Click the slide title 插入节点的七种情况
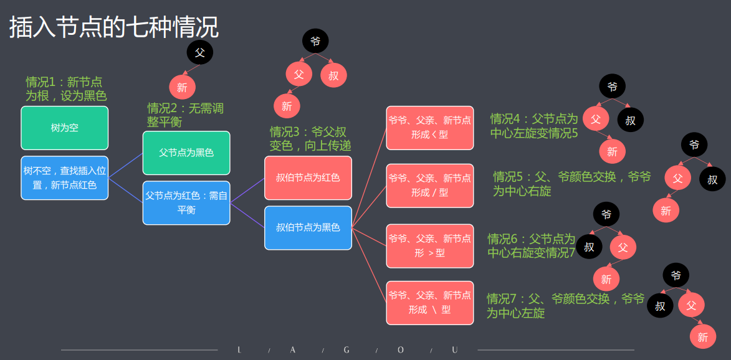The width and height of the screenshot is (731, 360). (114, 27)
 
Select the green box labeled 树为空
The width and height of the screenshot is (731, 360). (64, 128)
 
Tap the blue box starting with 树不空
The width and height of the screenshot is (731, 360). (64, 178)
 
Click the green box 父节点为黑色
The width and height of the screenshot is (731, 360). (186, 153)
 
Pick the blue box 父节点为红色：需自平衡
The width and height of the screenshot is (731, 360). (186, 202)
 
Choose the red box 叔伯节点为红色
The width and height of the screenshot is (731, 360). (308, 178)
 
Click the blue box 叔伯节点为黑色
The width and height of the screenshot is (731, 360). (308, 227)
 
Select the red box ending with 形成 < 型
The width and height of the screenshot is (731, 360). (429, 128)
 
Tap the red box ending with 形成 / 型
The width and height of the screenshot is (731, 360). (429, 185)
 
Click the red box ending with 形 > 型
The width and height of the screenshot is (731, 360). (429, 245)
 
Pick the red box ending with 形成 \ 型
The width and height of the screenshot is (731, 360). (429, 303)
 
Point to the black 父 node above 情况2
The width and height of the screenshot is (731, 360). (199, 52)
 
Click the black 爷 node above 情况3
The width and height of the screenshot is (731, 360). (315, 41)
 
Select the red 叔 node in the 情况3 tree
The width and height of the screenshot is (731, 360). (333, 75)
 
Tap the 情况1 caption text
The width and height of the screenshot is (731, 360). (65, 88)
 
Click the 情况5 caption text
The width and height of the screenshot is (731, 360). (571, 184)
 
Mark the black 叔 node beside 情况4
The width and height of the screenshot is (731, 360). (630, 120)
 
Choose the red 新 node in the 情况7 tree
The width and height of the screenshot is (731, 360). (702, 337)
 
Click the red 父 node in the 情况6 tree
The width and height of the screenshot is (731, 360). (623, 247)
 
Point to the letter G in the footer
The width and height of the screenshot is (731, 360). (346, 350)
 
